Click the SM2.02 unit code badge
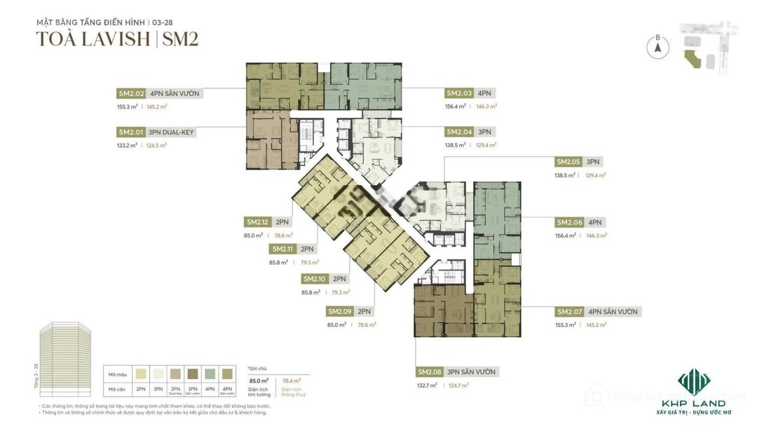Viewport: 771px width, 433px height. coord(131,93)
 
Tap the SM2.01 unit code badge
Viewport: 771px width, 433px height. coord(131,132)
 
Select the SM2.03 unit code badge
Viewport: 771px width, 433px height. coord(459,93)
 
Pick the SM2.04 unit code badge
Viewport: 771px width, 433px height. coord(459,132)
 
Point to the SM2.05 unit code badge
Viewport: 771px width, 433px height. coord(568,161)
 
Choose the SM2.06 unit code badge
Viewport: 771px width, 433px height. coord(570,222)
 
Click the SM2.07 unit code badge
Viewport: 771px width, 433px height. coord(570,312)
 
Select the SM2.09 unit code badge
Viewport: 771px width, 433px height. coord(340,312)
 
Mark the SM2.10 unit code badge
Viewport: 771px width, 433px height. coord(315,279)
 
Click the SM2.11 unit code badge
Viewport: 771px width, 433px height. coord(283,249)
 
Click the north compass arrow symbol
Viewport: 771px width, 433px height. coord(657,48)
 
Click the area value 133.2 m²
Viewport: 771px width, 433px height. coord(127,146)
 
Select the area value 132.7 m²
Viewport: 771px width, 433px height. coord(428,385)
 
